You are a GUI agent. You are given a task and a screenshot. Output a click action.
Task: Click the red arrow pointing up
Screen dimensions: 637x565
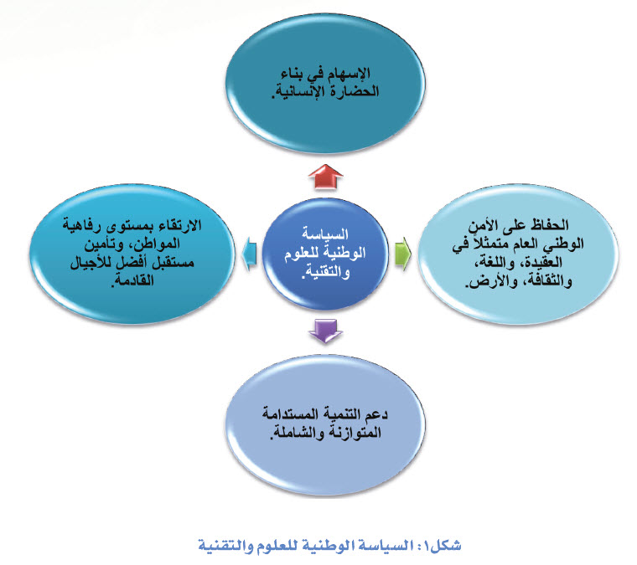(325, 177)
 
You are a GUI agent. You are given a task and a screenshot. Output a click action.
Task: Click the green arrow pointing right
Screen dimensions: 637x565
(403, 254)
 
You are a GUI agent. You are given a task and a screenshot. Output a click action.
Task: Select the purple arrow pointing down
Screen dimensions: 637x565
(325, 331)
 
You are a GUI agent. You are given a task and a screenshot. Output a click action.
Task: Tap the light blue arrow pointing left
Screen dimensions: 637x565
(249, 254)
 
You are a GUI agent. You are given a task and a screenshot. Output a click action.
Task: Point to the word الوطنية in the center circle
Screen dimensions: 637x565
(345, 253)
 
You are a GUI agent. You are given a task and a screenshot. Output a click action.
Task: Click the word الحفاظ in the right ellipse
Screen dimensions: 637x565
(549, 224)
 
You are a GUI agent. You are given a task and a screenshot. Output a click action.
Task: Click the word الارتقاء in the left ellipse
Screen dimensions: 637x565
(178, 225)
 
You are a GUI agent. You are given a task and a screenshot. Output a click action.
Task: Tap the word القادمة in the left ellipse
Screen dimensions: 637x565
(132, 280)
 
